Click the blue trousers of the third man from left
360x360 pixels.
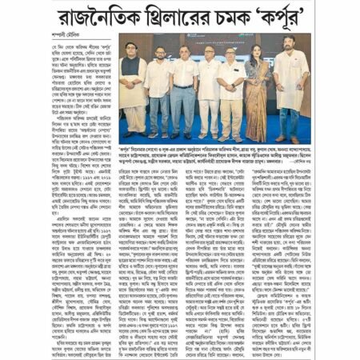pyautogui.click(x=182, y=110)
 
